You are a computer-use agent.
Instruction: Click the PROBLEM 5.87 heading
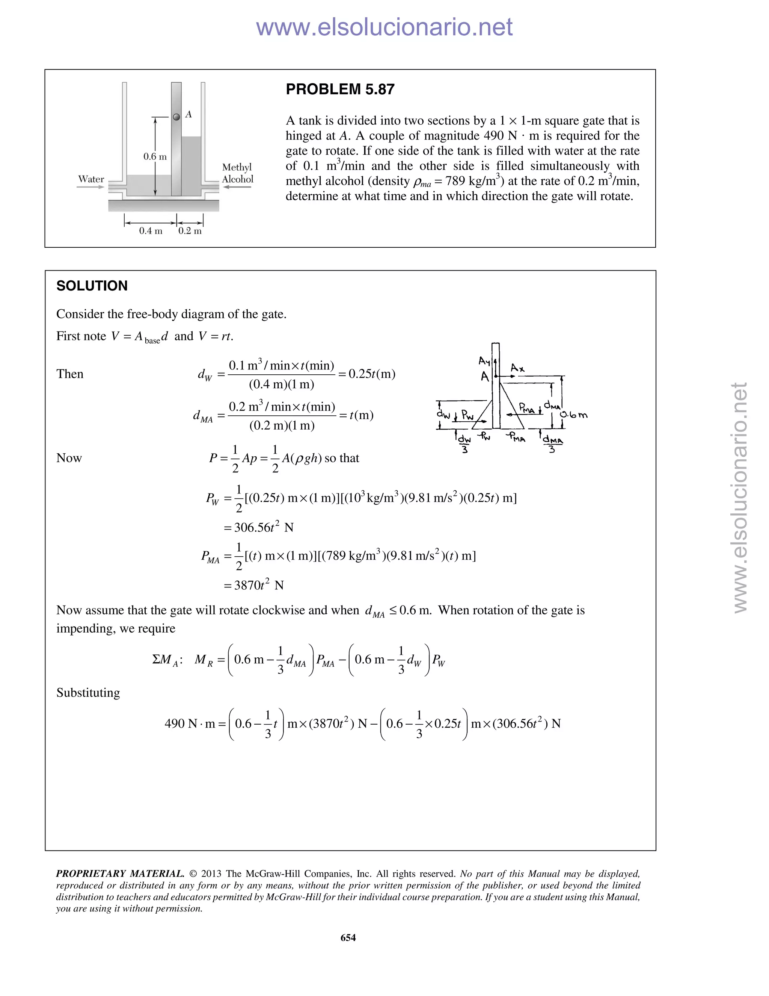[340, 89]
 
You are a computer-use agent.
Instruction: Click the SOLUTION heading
[92, 286]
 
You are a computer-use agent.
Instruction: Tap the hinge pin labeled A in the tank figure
[176, 117]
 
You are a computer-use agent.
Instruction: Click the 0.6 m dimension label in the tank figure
[155, 156]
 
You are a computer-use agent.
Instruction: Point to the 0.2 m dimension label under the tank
[190, 231]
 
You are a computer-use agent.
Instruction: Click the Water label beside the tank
[91, 179]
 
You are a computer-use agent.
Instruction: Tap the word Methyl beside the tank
[237, 167]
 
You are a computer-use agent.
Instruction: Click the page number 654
[348, 937]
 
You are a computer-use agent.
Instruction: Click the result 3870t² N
[258, 585]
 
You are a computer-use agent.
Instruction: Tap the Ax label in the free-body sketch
[517, 368]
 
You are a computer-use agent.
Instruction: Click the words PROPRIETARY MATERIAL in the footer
[120, 873]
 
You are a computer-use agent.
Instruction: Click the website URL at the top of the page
[384, 27]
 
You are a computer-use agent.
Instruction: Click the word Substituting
[88, 692]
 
